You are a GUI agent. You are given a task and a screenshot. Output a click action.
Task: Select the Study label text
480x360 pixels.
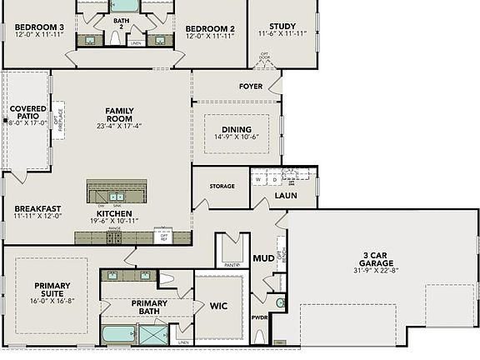click(x=282, y=27)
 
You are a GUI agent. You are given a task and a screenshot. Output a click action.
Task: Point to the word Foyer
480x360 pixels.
click(x=251, y=86)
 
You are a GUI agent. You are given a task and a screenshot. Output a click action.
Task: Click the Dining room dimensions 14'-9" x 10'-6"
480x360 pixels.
click(x=237, y=137)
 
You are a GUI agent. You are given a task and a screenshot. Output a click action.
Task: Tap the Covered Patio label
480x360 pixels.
click(x=28, y=113)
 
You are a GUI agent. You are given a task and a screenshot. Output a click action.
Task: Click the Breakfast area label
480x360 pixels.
click(x=37, y=208)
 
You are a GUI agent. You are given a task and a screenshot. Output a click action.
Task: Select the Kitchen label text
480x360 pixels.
click(x=115, y=212)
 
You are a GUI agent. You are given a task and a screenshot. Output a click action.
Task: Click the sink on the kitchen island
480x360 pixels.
click(x=117, y=196)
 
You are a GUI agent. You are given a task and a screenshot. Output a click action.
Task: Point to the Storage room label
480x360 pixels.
click(x=222, y=187)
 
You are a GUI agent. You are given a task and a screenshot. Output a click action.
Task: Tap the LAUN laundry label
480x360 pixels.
click(x=286, y=196)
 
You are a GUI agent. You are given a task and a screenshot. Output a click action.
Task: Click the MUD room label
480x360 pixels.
click(x=264, y=257)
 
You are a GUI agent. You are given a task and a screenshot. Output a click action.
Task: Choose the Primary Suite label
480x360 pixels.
click(x=52, y=289)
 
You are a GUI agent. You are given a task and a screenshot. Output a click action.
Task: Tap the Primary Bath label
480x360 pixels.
click(x=150, y=307)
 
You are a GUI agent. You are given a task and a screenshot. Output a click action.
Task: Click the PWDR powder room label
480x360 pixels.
click(x=261, y=317)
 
